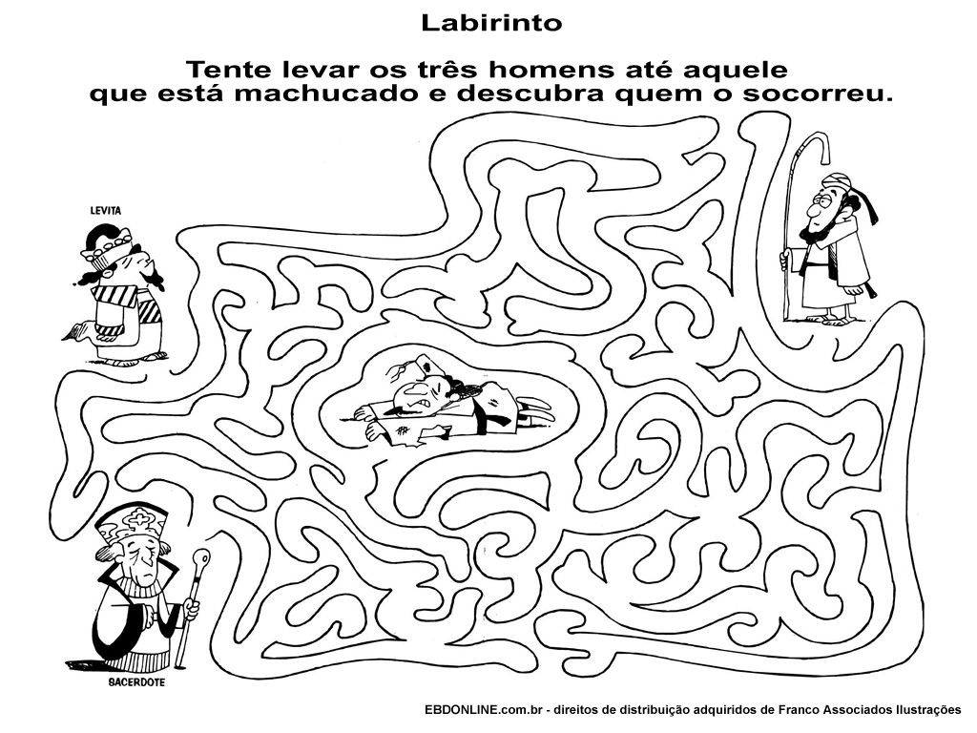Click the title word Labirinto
491,23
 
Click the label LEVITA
106,211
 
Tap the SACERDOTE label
136,682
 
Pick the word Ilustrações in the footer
928,709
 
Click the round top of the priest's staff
203,556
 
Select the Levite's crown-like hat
107,243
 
